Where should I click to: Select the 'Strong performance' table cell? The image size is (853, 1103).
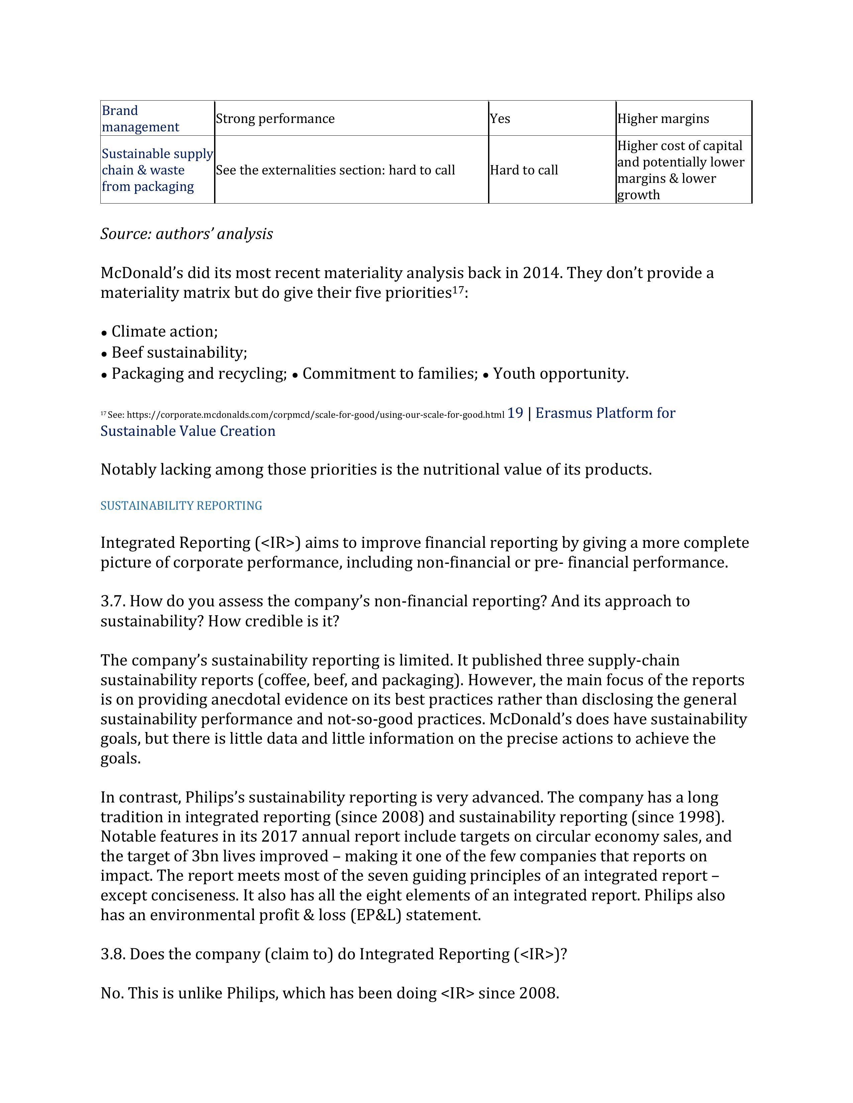point(275,119)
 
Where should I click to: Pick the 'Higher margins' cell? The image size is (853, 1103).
point(663,119)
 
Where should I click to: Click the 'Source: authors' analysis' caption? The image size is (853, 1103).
point(186,234)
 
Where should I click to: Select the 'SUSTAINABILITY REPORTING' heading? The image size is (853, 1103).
point(181,505)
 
